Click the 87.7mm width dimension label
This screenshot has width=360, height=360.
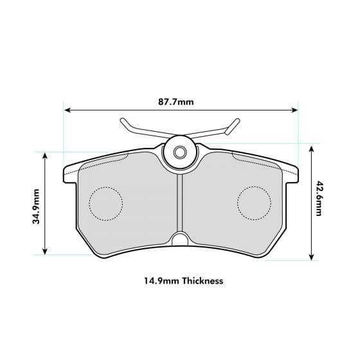point(175,102)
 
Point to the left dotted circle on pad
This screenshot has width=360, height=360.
point(105,203)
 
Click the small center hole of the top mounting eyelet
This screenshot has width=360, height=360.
point(180,152)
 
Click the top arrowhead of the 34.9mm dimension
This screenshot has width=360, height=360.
point(44,156)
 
